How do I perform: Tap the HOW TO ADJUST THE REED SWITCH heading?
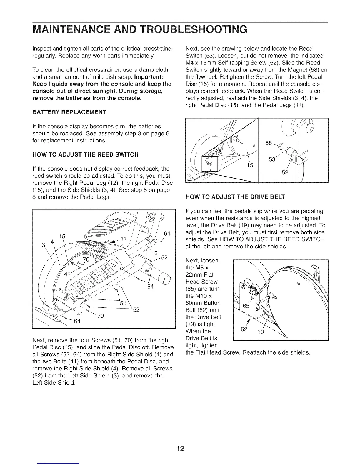[85, 154]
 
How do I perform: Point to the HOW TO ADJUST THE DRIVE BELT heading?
[235, 197]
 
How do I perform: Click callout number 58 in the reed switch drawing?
[269, 143]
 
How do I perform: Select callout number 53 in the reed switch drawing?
[272, 159]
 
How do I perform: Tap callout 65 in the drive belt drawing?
[246, 306]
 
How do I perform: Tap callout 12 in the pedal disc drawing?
[154, 253]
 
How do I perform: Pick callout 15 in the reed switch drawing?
[250, 166]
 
